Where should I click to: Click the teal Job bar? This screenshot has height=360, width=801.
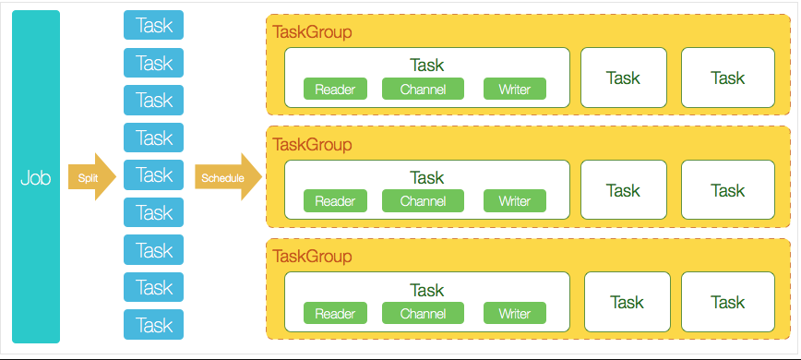pyautogui.click(x=36, y=176)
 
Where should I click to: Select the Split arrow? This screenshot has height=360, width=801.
pyautogui.click(x=92, y=177)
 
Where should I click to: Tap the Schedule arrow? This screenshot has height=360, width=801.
pyautogui.click(x=228, y=177)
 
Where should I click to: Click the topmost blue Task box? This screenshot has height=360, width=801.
pyautogui.click(x=153, y=25)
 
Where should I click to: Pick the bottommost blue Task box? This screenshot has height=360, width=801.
pyautogui.click(x=153, y=324)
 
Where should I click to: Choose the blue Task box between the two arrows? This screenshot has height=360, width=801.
pyautogui.click(x=153, y=174)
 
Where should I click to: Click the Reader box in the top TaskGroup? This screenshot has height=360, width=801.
pyautogui.click(x=335, y=89)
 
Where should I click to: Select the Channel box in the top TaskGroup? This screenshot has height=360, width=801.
pyautogui.click(x=423, y=89)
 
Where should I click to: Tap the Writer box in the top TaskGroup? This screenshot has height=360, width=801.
pyautogui.click(x=514, y=89)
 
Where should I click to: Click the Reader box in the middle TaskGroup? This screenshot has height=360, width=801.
pyautogui.click(x=335, y=200)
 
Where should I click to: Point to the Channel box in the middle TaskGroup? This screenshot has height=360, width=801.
pyautogui.click(x=423, y=200)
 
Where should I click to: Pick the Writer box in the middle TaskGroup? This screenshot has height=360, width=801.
pyautogui.click(x=514, y=200)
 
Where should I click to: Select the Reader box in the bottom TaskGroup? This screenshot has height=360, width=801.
pyautogui.click(x=335, y=313)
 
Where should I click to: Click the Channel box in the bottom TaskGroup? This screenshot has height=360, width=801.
pyautogui.click(x=423, y=313)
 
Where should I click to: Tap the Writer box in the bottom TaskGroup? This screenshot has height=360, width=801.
pyautogui.click(x=514, y=313)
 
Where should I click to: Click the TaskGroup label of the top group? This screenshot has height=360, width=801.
pyautogui.click(x=312, y=32)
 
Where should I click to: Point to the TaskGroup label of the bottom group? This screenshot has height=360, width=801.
pyautogui.click(x=312, y=256)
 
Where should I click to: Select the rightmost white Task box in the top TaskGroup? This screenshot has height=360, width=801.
pyautogui.click(x=728, y=78)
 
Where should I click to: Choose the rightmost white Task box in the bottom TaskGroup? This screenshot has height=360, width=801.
pyautogui.click(x=728, y=302)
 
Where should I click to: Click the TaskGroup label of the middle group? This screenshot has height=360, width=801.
pyautogui.click(x=312, y=145)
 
